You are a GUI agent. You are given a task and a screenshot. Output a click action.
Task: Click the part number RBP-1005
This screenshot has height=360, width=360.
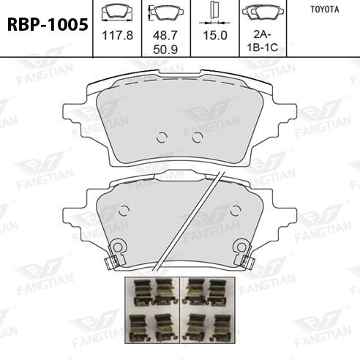48,25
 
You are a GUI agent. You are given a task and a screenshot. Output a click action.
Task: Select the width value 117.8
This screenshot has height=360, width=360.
118,35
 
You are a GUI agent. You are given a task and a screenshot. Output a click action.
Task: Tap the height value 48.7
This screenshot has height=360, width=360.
165,35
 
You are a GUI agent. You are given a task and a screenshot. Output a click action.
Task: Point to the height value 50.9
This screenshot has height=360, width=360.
165,50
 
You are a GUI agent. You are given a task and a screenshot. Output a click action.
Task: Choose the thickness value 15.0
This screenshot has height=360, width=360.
215,35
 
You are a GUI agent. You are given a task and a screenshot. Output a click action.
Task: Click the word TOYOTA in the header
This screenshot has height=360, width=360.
325,10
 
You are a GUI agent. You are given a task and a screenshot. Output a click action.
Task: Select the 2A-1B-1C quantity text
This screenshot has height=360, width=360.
263,41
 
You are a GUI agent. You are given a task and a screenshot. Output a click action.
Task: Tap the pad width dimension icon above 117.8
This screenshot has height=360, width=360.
117,13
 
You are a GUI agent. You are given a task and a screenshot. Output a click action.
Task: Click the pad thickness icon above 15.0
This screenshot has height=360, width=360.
214,13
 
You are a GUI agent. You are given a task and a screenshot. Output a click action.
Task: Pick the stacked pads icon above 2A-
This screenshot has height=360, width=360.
263,12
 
